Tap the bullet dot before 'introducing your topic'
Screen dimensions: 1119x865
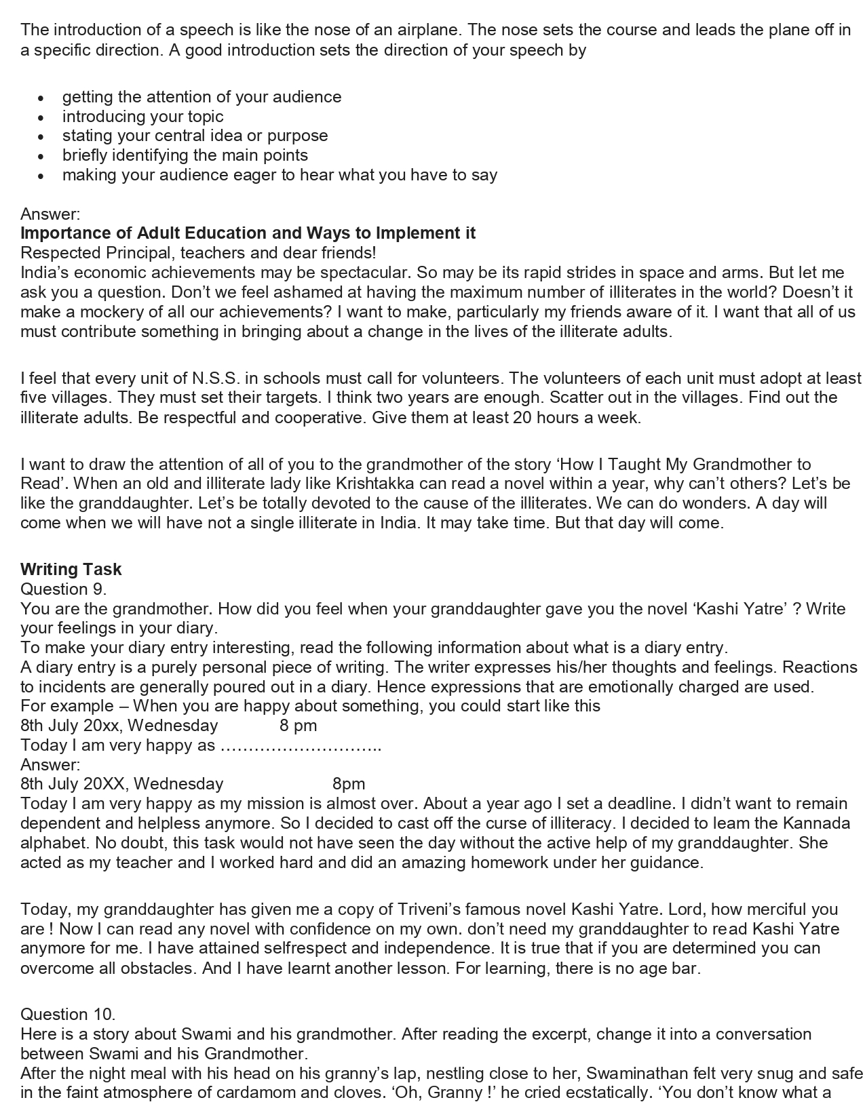41,117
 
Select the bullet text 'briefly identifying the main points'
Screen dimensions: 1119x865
185,155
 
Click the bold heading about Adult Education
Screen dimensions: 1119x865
248,233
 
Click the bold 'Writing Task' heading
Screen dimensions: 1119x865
71,569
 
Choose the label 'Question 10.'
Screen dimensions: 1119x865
68,1015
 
